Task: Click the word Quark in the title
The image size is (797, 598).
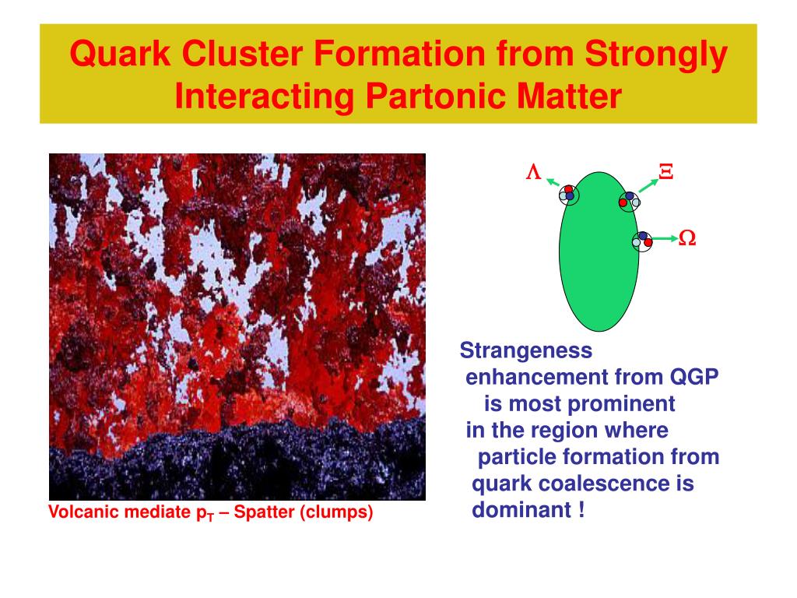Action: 120,54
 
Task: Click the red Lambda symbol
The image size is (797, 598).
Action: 533,172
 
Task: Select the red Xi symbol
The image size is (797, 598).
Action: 666,172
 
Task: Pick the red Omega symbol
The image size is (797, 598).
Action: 687,238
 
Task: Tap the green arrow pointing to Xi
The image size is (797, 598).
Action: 648,185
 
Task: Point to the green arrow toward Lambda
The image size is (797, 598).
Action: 553,182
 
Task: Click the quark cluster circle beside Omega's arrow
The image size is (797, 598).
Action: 642,241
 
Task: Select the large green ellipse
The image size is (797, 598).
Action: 599,252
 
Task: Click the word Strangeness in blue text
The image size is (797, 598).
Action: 526,350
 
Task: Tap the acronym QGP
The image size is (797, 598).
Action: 694,377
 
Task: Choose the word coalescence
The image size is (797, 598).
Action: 604,483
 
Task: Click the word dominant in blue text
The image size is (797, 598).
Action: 521,509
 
